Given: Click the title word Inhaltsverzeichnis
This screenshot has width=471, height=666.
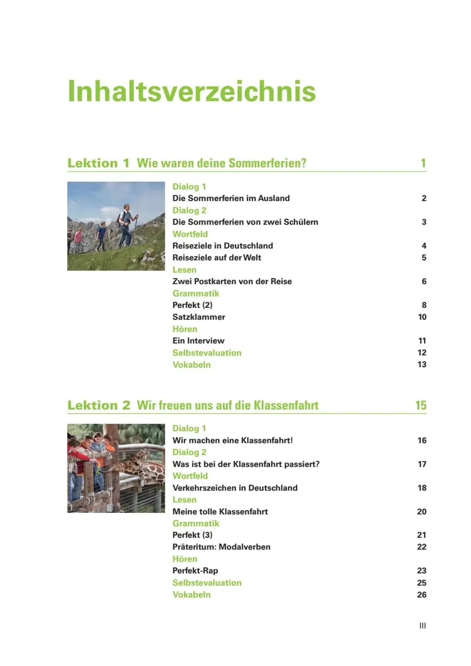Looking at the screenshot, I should [192, 92].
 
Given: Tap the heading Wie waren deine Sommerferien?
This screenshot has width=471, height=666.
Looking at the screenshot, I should [222, 163].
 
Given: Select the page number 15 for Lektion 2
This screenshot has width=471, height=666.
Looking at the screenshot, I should [420, 405].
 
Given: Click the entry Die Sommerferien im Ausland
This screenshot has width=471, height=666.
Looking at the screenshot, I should [231, 198].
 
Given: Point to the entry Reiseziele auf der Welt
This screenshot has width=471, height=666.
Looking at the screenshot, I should [217, 257].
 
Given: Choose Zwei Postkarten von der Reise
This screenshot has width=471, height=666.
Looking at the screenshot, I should [232, 281].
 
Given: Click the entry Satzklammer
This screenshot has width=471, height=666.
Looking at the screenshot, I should [199, 317].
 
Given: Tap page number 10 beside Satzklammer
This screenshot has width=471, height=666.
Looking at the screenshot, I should [422, 317].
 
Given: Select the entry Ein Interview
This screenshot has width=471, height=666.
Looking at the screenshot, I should [198, 341].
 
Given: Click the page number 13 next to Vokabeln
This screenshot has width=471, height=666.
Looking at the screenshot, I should [422, 365].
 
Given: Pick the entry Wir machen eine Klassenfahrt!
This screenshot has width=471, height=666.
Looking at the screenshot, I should [232, 441].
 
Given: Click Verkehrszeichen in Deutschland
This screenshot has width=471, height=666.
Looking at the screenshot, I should [235, 488].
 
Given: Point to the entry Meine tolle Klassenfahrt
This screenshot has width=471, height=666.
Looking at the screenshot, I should [220, 512].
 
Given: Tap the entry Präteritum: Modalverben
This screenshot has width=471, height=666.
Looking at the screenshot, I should [221, 547].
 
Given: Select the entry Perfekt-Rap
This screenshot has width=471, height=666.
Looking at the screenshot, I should [195, 570].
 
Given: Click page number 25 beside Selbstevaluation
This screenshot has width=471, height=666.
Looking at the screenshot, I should [422, 583].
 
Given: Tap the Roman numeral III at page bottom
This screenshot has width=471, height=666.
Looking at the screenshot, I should [422, 625].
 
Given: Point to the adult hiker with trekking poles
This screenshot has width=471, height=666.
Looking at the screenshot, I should [126, 225].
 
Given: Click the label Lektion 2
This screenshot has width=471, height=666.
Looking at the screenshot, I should [99, 405].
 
